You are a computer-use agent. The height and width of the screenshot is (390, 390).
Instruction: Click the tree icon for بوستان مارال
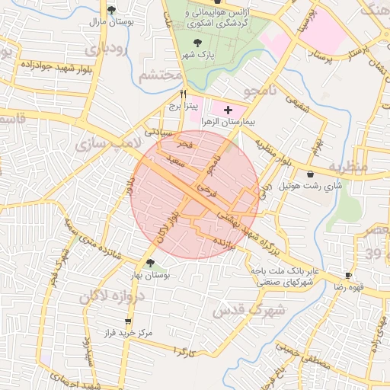(x=112, y=10)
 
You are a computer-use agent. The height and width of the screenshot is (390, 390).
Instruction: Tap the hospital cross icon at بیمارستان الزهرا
(x=227, y=110)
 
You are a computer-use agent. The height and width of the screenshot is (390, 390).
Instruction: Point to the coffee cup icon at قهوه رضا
(x=348, y=275)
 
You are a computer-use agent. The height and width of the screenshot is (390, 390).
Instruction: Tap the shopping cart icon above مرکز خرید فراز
(x=117, y=322)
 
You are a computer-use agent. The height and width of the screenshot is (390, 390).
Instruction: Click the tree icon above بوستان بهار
(x=149, y=263)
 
